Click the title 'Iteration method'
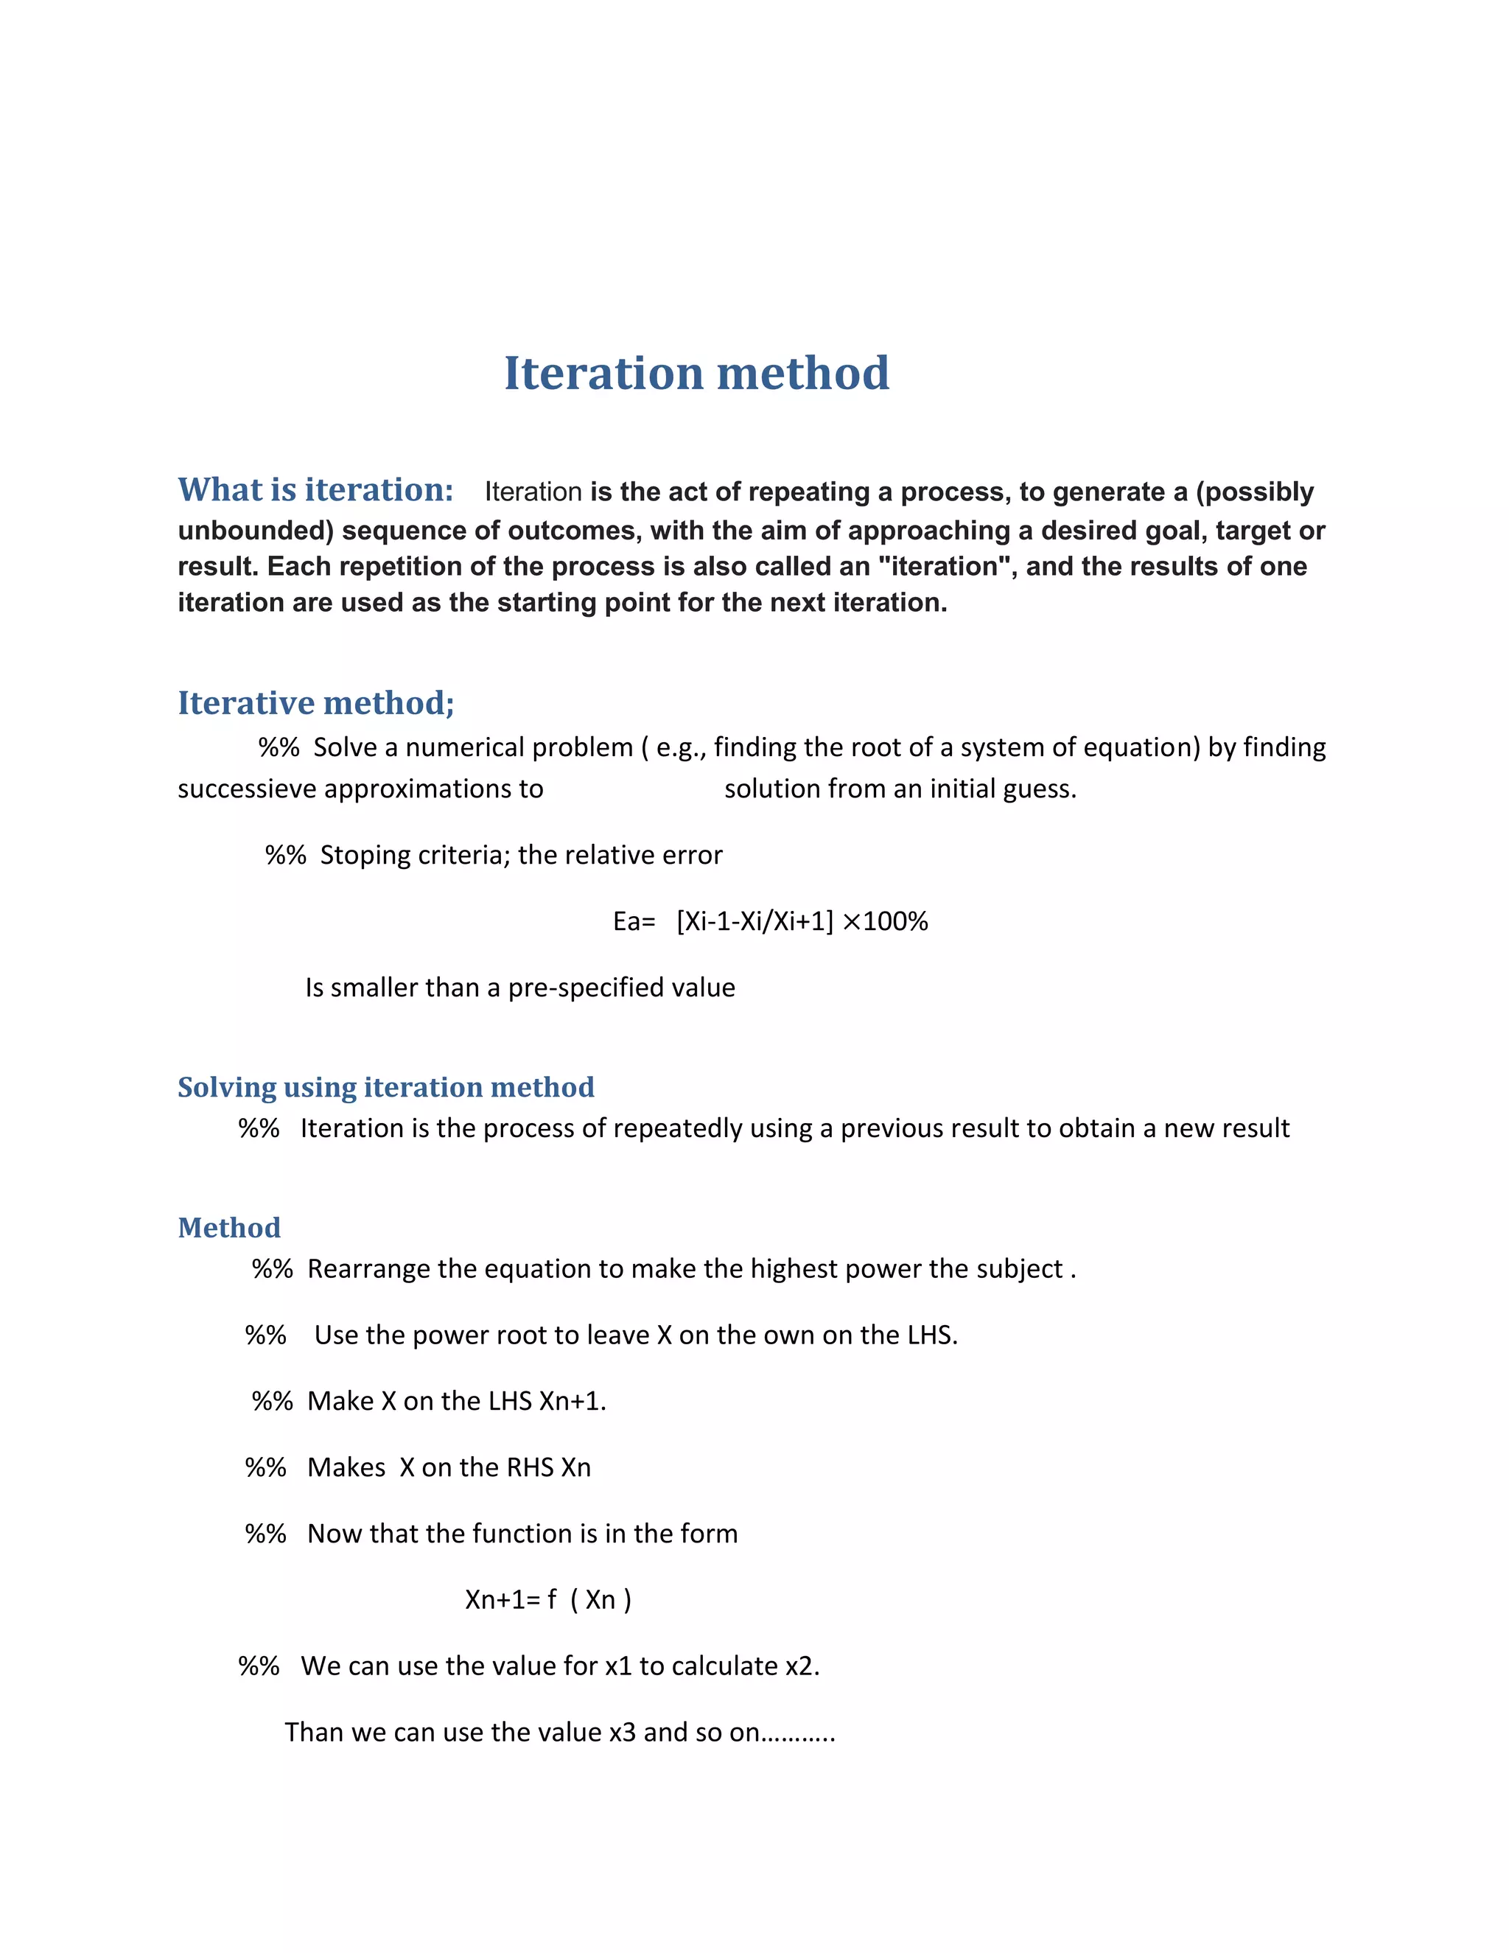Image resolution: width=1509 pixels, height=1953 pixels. pos(696,373)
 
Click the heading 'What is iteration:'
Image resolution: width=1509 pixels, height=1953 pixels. pos(315,490)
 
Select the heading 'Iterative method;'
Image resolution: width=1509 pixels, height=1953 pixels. pos(315,703)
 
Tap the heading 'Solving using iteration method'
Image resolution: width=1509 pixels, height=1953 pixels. pos(385,1086)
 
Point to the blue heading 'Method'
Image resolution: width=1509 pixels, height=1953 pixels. pos(229,1227)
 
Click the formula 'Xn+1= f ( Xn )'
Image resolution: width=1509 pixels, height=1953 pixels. pos(548,1599)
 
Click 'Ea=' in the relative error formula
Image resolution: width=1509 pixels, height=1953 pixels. pos(634,921)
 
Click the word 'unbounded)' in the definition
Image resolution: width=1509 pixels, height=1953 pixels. pos(256,531)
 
